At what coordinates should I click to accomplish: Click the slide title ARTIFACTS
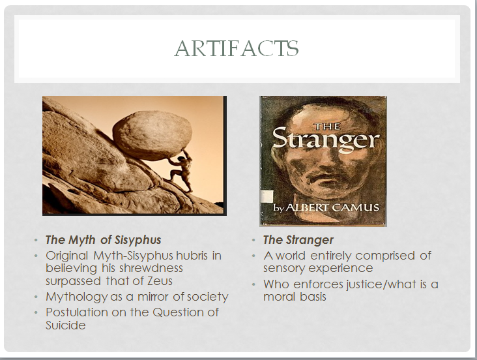(237, 48)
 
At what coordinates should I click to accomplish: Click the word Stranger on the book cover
(326, 140)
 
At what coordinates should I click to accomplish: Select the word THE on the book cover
(326, 126)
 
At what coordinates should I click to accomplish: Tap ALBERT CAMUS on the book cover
(333, 207)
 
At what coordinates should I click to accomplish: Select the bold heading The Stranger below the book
(298, 240)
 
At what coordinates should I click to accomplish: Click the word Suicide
(65, 325)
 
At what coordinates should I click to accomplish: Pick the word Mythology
(76, 297)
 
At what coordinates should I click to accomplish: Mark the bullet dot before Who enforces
(254, 284)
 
